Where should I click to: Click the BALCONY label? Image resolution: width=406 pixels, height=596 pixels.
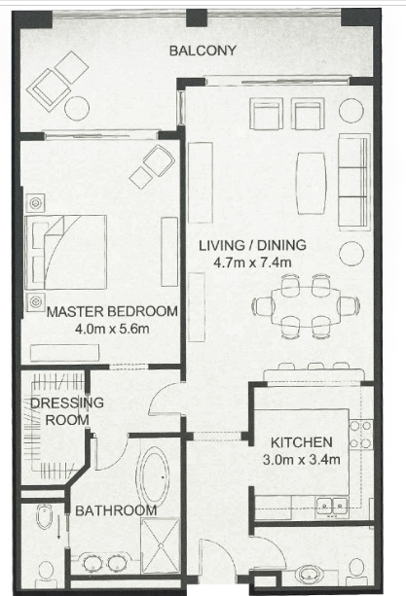coord(203,51)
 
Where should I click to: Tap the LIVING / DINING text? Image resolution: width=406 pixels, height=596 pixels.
coord(252,245)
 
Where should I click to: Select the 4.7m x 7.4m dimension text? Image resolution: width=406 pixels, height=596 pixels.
coord(252,263)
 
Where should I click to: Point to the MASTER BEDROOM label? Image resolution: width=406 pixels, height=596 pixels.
coord(112,311)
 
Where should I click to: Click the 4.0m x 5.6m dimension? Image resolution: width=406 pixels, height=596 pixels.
coord(112,329)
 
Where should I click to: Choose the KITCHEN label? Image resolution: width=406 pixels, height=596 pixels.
coord(302,442)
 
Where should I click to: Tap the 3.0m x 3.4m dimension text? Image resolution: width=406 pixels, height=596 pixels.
coord(302,460)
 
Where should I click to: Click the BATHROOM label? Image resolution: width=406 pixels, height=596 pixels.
coord(116,510)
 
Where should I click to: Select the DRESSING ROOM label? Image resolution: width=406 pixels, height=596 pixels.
coord(67,411)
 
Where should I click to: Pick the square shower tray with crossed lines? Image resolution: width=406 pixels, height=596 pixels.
coord(161,545)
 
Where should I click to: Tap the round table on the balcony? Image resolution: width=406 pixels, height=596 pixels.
coord(77,109)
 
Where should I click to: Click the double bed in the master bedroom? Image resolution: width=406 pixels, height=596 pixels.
coord(65,253)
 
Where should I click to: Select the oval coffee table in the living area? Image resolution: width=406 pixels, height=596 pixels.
coord(312,183)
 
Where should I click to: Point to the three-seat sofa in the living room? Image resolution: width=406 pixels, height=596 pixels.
coord(354,182)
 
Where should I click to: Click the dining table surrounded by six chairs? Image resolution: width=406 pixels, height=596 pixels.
coord(306,306)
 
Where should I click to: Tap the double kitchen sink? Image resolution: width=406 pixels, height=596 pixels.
coord(332,508)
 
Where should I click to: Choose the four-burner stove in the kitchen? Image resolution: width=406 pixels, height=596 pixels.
coord(360,435)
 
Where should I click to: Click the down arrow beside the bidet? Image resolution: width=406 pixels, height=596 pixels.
coord(59,528)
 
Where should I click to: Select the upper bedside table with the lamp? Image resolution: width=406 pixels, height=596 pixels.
coord(36,203)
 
